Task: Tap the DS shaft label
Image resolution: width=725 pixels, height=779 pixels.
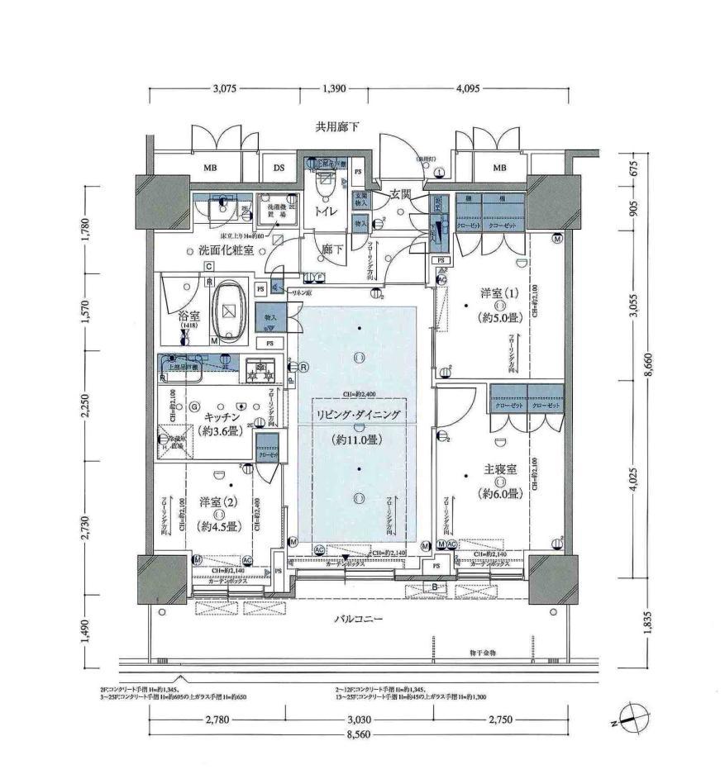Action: [x=279, y=169]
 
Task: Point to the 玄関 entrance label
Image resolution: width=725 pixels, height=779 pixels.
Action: [x=400, y=194]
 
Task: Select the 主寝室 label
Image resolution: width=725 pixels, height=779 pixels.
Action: [x=500, y=469]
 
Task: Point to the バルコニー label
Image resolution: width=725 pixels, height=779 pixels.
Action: [x=358, y=619]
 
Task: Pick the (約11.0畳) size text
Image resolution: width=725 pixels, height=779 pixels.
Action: [x=358, y=440]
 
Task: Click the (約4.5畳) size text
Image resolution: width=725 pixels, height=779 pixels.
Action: [x=219, y=526]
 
